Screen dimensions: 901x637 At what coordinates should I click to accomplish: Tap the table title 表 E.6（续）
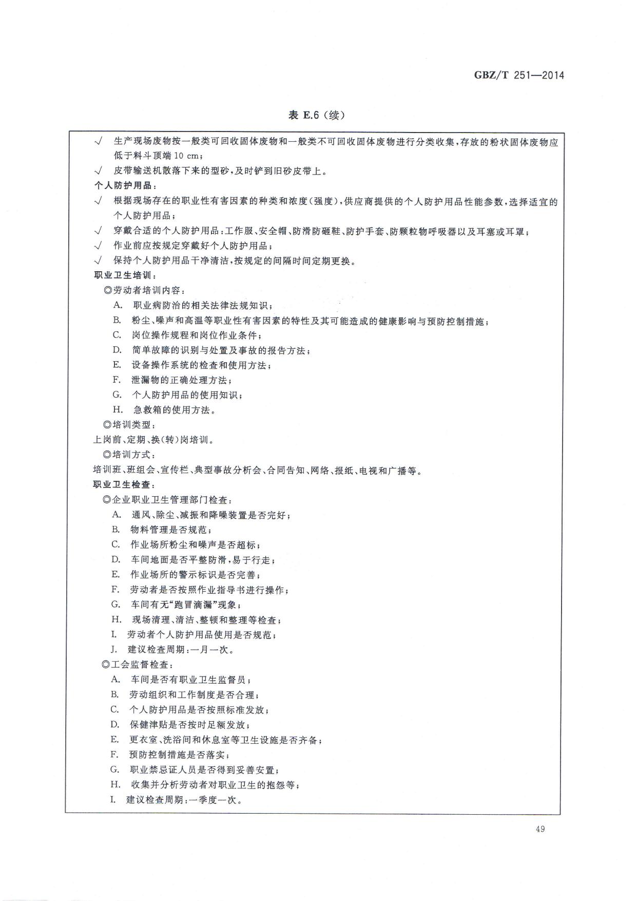[317, 116]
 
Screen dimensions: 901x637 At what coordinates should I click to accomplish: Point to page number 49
[539, 829]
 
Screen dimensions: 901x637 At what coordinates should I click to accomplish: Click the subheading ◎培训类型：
[129, 425]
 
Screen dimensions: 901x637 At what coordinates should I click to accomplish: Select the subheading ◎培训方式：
[129, 455]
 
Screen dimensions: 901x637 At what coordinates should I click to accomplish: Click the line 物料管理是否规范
[170, 530]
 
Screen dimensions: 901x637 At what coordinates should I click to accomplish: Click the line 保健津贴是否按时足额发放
[189, 725]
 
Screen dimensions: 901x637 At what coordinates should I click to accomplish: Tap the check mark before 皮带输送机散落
[99, 171]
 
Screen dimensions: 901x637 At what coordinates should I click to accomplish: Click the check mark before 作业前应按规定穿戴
[99, 246]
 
